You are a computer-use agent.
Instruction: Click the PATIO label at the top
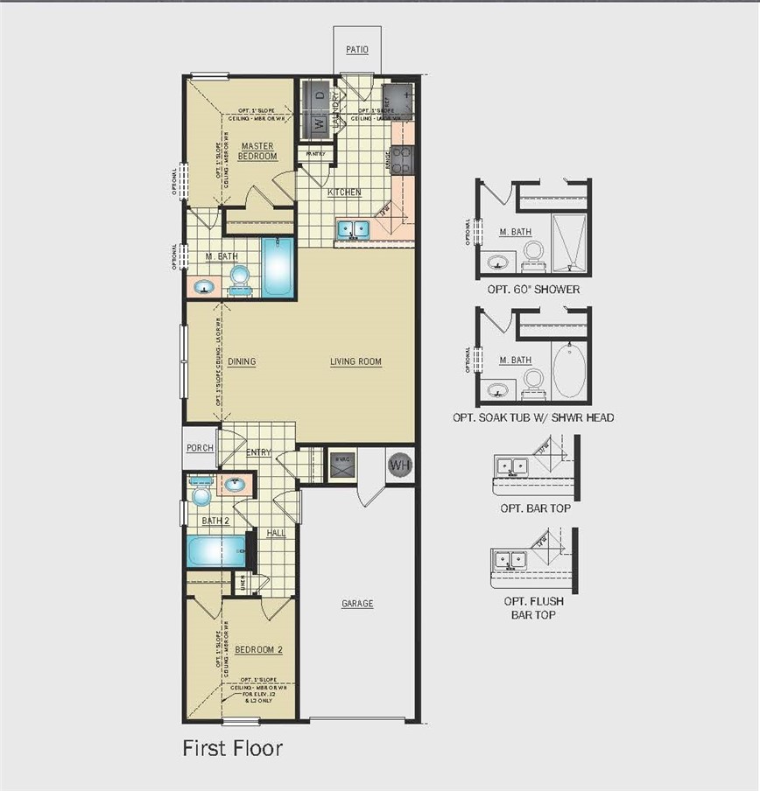click(x=356, y=50)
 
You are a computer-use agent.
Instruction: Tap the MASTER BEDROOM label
click(x=257, y=150)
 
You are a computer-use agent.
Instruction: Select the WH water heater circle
click(x=399, y=465)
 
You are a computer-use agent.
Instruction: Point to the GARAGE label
click(x=357, y=604)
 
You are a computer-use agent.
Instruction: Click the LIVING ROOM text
click(x=355, y=361)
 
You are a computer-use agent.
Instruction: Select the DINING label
click(x=242, y=361)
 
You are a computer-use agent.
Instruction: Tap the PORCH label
click(x=200, y=448)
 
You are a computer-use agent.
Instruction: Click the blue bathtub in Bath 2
click(x=215, y=552)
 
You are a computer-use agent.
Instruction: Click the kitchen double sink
click(x=354, y=229)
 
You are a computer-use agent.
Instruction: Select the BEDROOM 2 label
click(x=258, y=649)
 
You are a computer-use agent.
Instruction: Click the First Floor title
click(x=232, y=748)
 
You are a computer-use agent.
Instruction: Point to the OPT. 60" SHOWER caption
click(x=533, y=290)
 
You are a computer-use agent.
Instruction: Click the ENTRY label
click(x=258, y=452)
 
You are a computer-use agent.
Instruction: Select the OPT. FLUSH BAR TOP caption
click(x=533, y=608)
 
